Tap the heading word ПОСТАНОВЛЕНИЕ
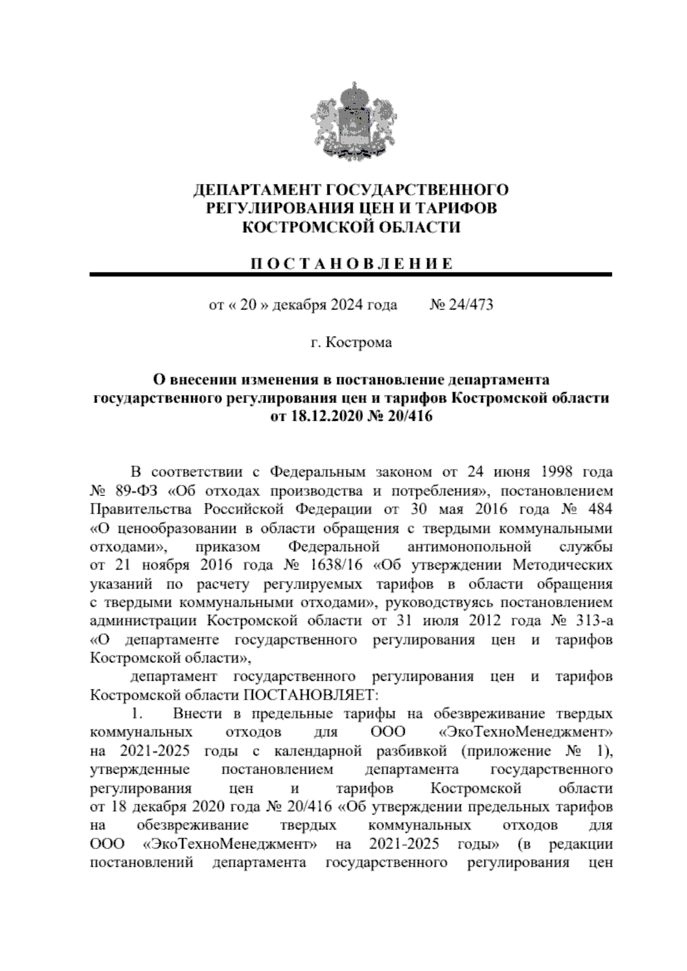351,264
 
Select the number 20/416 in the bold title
410,417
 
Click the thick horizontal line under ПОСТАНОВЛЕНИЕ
351,275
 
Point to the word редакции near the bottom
580,844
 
